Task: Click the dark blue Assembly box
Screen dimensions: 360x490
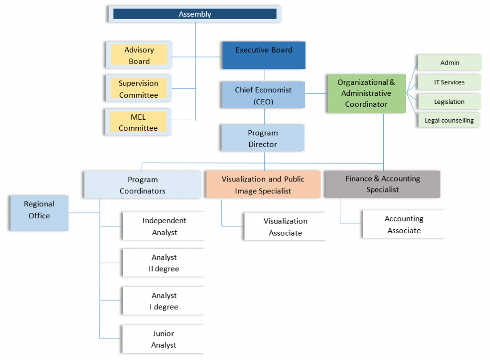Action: coord(195,14)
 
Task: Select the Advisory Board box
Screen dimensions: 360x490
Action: coord(139,56)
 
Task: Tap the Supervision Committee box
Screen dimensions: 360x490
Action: coord(138,89)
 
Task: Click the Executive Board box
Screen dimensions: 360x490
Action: coord(264,55)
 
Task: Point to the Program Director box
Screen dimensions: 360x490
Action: coord(263,138)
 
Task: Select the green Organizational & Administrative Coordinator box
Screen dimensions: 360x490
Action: coord(367,93)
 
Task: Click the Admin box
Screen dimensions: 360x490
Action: coord(449,63)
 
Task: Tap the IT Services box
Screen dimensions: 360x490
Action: coord(449,82)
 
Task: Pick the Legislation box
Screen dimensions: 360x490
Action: coord(449,101)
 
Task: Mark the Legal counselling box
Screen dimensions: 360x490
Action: coord(449,120)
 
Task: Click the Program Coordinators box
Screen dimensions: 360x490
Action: coord(143,185)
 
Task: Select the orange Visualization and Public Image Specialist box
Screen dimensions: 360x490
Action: coord(263,185)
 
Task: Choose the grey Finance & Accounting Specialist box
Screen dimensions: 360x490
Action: coord(382,184)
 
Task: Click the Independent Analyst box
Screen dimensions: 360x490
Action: coord(164,226)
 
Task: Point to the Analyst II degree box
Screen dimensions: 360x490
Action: coord(164,263)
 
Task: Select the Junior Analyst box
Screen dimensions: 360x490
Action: coord(164,339)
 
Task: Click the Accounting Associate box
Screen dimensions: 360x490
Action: coord(404,225)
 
